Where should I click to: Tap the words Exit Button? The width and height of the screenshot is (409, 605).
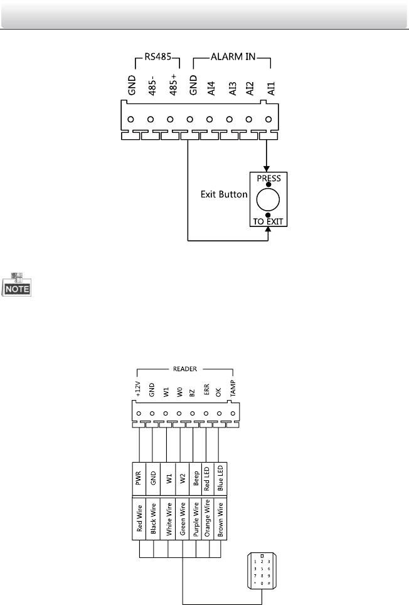tap(223, 196)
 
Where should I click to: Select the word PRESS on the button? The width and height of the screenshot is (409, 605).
tap(268, 178)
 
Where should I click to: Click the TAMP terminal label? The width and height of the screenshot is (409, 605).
tap(233, 391)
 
